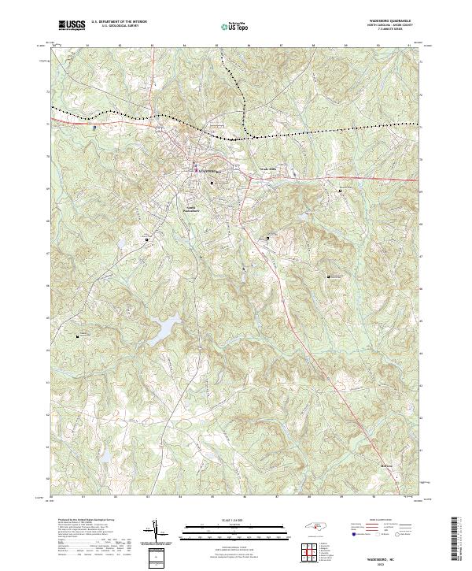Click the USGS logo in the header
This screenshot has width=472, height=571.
click(x=72, y=26)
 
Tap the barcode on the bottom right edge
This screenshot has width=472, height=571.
click(x=456, y=539)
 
